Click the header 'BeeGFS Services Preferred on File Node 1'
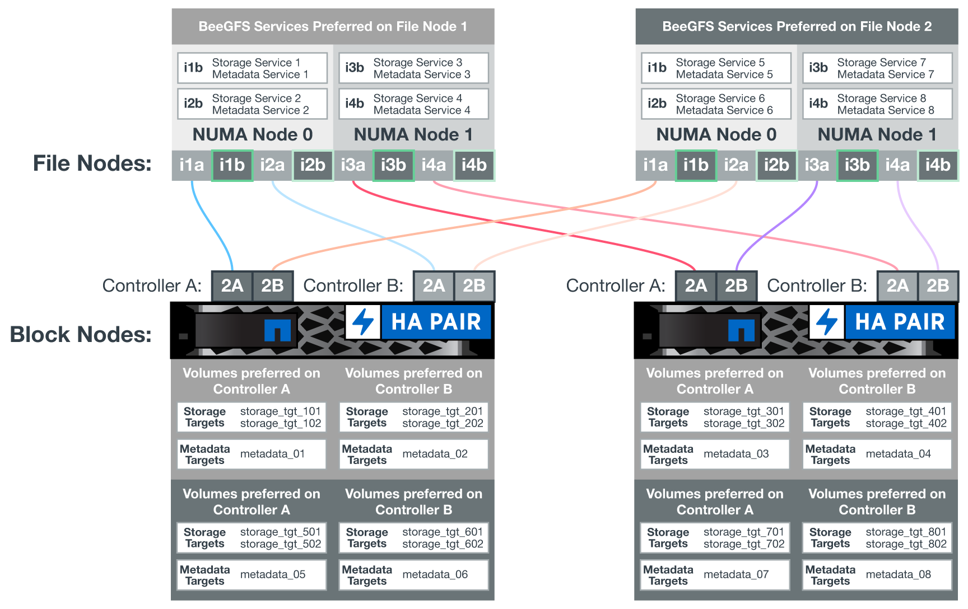point(333,26)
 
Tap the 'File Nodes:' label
point(92,163)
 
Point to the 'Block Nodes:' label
point(81,334)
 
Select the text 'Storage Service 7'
point(881,62)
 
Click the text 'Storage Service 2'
point(256,98)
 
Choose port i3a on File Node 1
point(353,165)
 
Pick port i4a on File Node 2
point(897,165)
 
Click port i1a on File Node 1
point(192,165)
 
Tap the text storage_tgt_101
point(280,411)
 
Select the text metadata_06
point(435,574)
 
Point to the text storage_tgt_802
point(906,544)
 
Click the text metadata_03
point(736,454)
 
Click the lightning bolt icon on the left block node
point(363,322)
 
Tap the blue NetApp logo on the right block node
point(741,330)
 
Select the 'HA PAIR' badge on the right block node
point(900,322)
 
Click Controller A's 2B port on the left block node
point(273,286)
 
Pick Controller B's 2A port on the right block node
point(897,286)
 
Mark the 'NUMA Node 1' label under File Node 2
point(877,135)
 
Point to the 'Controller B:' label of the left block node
point(353,286)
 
